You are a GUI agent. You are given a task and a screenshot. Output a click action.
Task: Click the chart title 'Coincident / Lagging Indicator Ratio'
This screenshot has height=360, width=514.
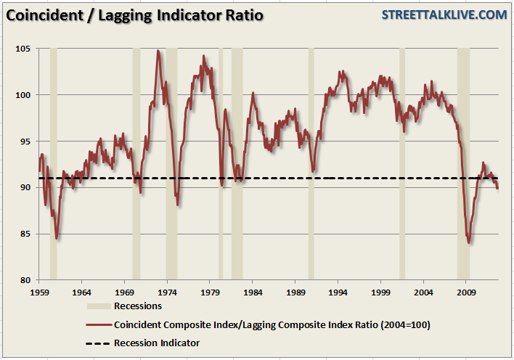[135, 15]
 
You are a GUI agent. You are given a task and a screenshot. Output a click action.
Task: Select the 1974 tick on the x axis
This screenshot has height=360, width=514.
[168, 292]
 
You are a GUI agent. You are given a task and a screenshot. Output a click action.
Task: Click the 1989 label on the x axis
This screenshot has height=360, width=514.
[295, 292]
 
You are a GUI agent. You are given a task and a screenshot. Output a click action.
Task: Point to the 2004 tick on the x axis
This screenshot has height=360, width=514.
[424, 292]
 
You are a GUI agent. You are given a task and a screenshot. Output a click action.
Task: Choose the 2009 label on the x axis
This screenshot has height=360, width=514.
[467, 292]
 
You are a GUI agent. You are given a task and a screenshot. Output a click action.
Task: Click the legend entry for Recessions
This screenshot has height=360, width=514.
[138, 306]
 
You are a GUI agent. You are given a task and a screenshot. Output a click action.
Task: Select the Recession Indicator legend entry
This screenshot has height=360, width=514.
[156, 343]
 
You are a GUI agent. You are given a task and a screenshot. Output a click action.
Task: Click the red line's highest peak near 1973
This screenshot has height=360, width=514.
[158, 51]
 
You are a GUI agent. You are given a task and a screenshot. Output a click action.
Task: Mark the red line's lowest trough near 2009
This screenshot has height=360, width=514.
[469, 243]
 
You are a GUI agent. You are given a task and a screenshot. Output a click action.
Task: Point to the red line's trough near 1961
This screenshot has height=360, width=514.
[57, 238]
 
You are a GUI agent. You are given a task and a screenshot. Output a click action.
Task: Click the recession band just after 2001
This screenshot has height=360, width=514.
[402, 163]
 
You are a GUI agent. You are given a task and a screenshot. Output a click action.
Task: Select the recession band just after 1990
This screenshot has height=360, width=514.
[311, 163]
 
